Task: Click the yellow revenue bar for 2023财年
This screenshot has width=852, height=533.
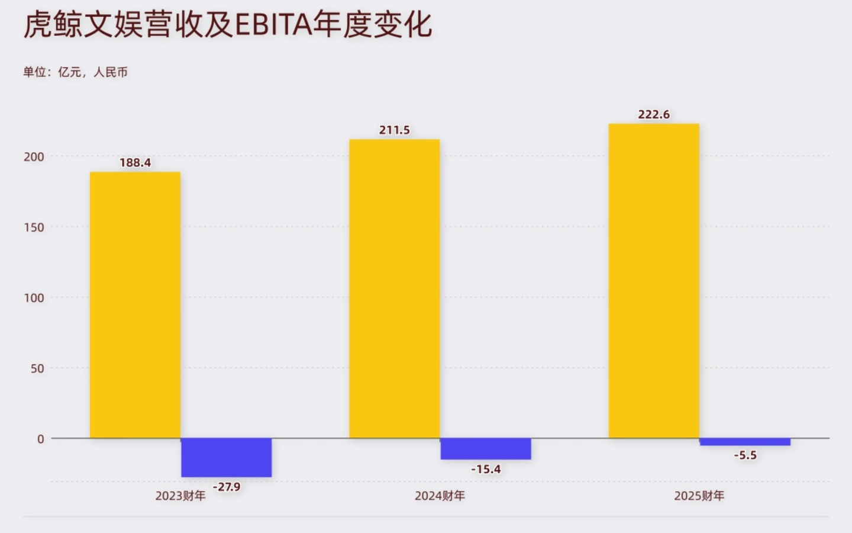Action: click(x=135, y=305)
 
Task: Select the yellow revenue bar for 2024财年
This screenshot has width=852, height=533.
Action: click(x=395, y=289)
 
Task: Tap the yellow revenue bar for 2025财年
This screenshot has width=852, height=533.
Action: click(x=654, y=281)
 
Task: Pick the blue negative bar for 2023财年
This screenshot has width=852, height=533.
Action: click(x=226, y=457)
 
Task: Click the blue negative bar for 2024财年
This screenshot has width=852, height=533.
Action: click(x=486, y=449)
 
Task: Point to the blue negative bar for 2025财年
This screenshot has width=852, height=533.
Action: click(x=745, y=442)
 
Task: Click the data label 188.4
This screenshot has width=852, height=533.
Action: click(x=135, y=162)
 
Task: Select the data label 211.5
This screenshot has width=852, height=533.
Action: click(x=395, y=130)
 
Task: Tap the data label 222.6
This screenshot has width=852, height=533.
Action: click(x=654, y=114)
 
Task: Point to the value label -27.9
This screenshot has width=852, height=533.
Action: click(x=227, y=487)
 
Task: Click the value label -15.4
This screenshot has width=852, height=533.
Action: click(x=486, y=469)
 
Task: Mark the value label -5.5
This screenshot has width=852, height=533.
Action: click(x=745, y=455)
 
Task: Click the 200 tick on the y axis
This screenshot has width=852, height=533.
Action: click(x=34, y=157)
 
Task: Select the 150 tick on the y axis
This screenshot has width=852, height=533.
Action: click(x=34, y=227)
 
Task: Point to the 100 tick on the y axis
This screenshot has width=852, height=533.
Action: click(x=34, y=298)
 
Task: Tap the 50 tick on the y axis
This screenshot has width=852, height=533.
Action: click(x=37, y=368)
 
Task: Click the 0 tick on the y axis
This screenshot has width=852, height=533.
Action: click(x=40, y=439)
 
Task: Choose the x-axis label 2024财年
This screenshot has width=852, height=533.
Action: click(x=440, y=496)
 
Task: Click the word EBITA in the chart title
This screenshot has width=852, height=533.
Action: click(x=273, y=25)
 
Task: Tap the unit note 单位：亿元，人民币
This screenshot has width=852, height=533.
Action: click(x=75, y=72)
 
